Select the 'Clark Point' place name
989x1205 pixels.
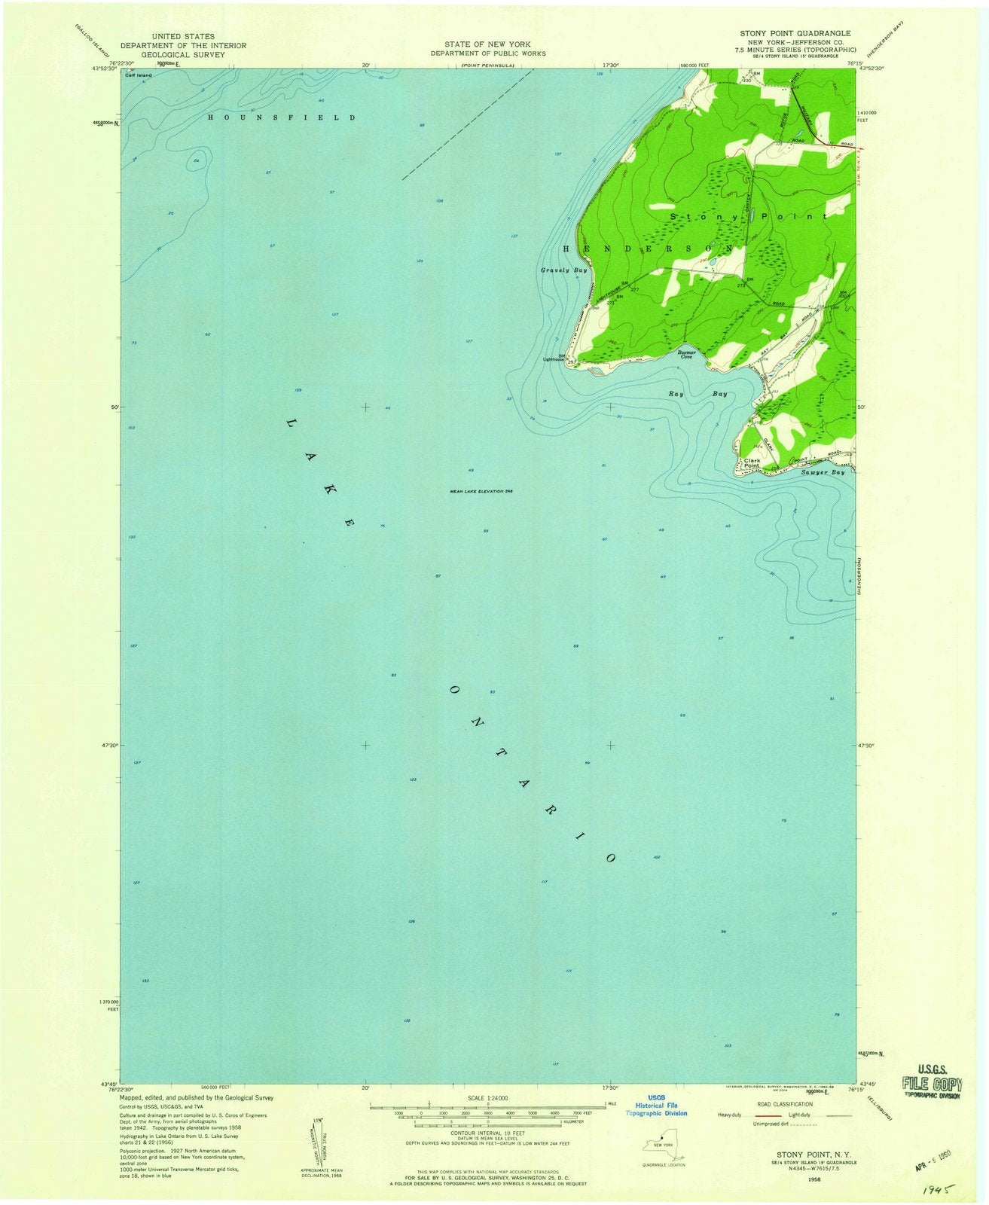[x=752, y=463]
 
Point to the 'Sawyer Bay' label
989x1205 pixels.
[x=823, y=472]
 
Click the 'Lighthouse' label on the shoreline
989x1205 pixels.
[x=554, y=359]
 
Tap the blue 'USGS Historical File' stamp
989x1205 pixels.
[x=656, y=1104]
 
